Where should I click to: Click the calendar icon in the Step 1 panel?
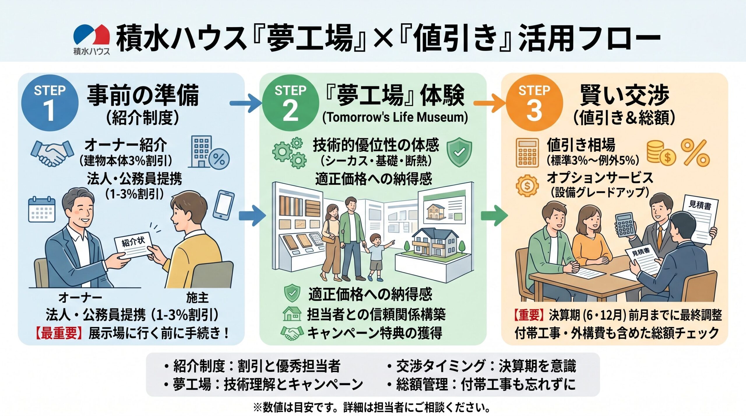click(42, 209)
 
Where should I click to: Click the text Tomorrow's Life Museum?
click(395, 117)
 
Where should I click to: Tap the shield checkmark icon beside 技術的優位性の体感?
click(459, 152)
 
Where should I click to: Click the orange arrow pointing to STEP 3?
click(490, 103)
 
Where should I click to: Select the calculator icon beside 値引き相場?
click(527, 153)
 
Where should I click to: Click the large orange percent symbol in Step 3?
click(695, 153)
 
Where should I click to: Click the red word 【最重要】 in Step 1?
click(59, 333)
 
